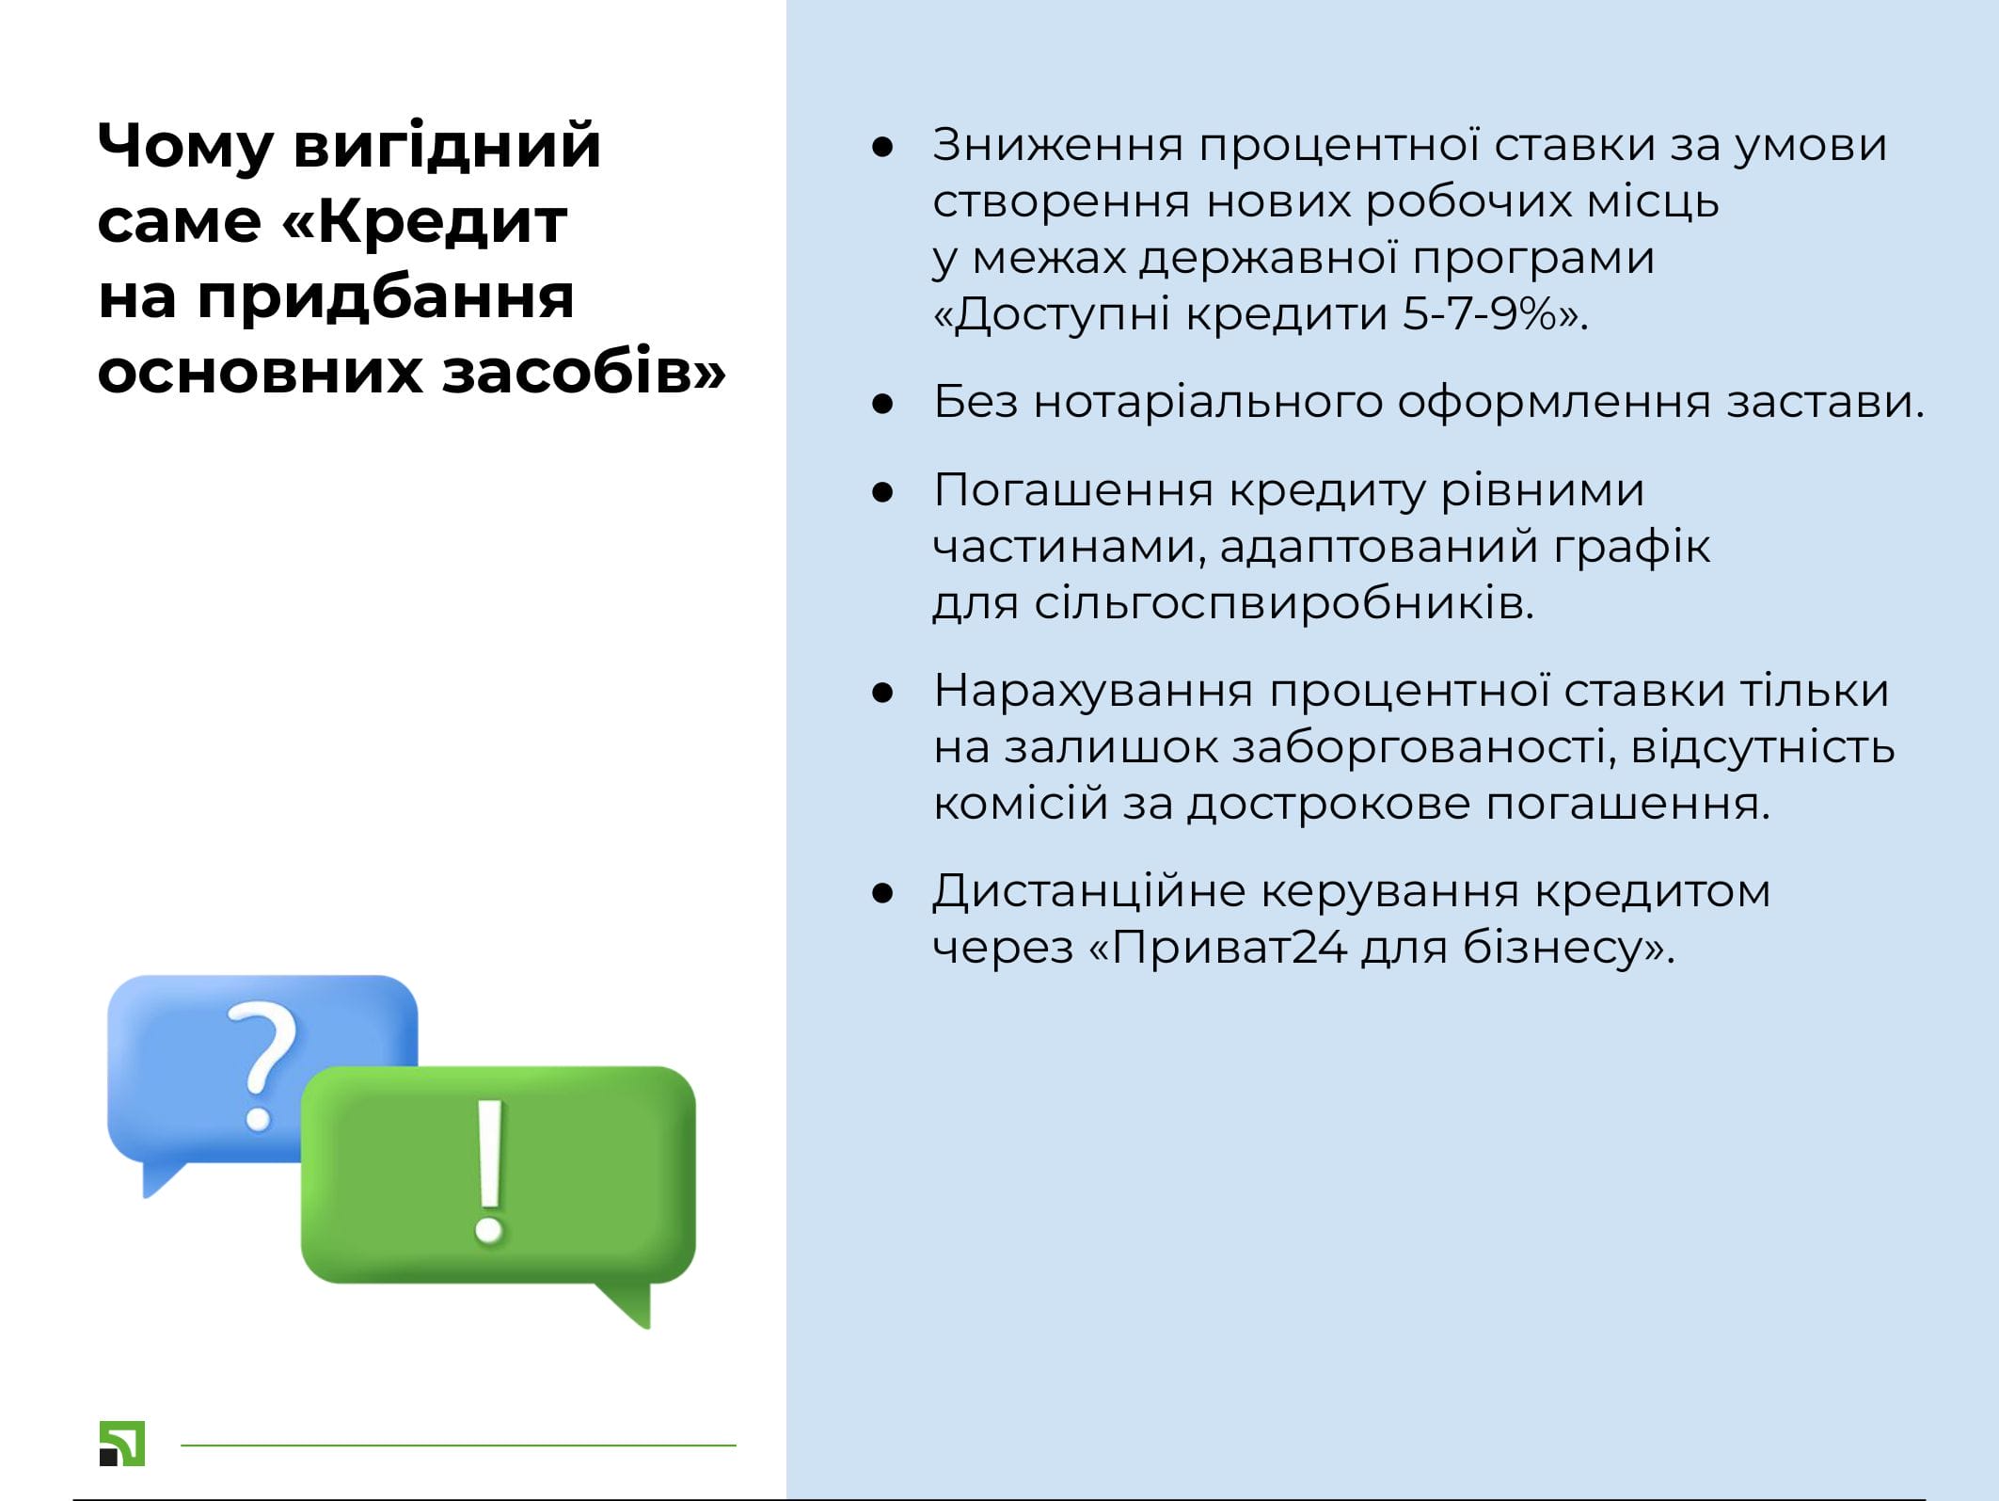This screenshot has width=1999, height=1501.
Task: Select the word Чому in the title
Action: [x=184, y=147]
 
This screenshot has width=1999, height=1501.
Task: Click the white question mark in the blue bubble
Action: [x=262, y=1065]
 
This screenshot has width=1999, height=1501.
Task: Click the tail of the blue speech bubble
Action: [x=163, y=1178]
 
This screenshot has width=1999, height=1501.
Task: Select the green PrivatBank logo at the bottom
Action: [x=122, y=1444]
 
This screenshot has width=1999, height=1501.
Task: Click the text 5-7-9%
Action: [x=1479, y=313]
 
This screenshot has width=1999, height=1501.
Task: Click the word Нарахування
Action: [x=1093, y=692]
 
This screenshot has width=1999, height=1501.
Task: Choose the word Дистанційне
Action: [x=1089, y=891]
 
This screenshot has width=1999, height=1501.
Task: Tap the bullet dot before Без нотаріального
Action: [x=882, y=404]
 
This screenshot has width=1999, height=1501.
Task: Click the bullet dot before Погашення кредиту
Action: [x=882, y=491]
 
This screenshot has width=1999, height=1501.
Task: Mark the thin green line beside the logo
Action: [x=458, y=1445]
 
